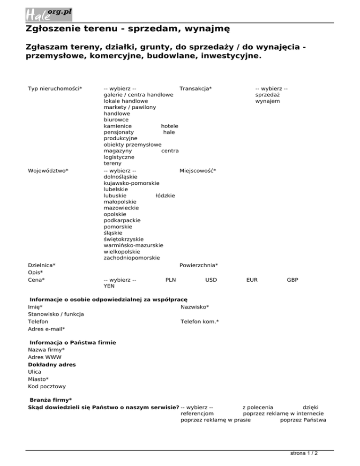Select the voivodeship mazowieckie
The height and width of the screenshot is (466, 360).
pyautogui.click(x=121, y=207)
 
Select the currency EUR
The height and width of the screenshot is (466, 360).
pyautogui.click(x=252, y=280)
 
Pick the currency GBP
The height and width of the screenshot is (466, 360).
pyautogui.click(x=292, y=280)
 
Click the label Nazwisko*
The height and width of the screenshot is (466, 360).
pyautogui.click(x=195, y=307)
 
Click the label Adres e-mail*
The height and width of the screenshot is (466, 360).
pyautogui.click(x=46, y=329)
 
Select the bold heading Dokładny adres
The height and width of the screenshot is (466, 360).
pyautogui.click(x=52, y=364)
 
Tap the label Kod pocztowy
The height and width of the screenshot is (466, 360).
pyautogui.click(x=47, y=386)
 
